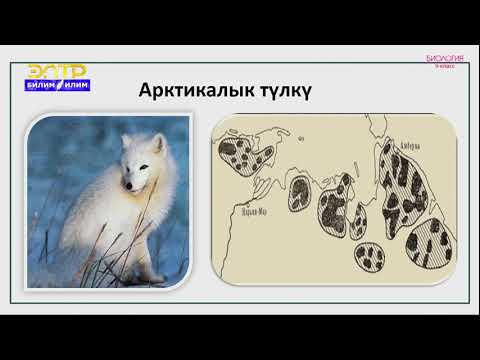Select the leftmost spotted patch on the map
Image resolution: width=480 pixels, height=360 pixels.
pyautogui.click(x=245, y=154)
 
